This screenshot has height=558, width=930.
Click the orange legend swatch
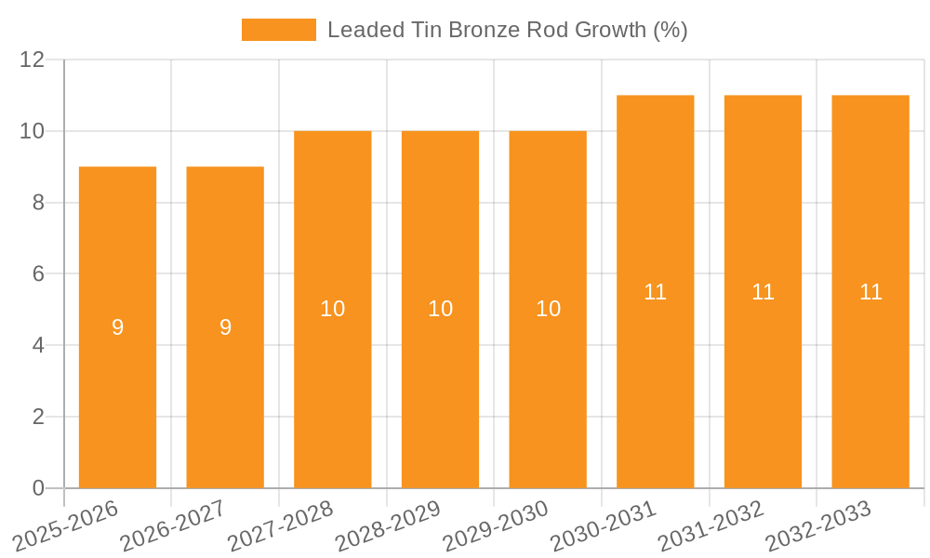tap(278, 30)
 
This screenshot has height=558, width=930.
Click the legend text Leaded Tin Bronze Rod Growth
tap(507, 30)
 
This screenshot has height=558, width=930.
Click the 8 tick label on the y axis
tap(38, 203)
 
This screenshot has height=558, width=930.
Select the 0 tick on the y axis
tap(38, 488)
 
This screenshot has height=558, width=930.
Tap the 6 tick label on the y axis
tap(38, 274)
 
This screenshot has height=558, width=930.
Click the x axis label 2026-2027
tap(174, 526)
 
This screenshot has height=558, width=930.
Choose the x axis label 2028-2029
tap(388, 526)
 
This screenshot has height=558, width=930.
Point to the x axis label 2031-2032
tap(711, 526)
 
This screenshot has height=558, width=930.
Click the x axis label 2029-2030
tap(496, 526)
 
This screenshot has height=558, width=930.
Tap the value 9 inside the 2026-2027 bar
tap(225, 327)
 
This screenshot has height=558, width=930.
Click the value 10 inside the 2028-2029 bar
tap(441, 309)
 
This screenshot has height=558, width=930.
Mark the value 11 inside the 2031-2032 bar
tap(764, 292)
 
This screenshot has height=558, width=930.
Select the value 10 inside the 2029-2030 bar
tap(549, 309)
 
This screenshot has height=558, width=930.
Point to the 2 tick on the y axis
tap(38, 417)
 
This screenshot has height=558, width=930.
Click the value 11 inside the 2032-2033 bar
tap(870, 292)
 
